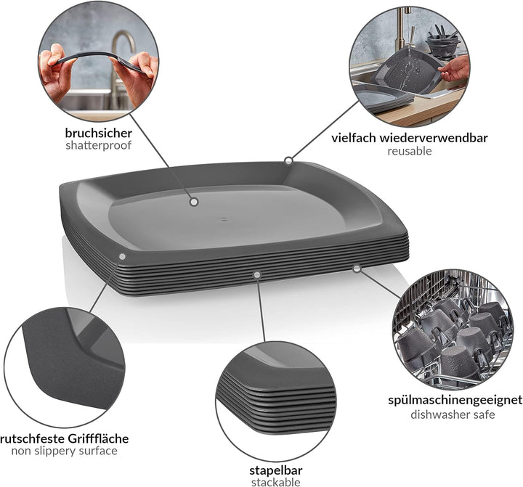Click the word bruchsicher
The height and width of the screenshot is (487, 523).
(x=98, y=133)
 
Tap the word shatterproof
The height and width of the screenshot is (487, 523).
(x=98, y=146)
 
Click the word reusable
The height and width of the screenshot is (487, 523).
(x=410, y=151)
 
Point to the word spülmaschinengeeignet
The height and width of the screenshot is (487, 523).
(x=455, y=400)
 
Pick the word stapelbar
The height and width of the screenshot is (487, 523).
(x=276, y=470)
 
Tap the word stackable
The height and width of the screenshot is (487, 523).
(x=276, y=482)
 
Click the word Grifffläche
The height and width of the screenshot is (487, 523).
(x=98, y=438)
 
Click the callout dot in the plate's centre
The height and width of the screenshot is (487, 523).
(x=194, y=202)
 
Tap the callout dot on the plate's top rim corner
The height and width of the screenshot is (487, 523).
(x=288, y=161)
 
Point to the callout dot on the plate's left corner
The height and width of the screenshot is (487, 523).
(x=122, y=257)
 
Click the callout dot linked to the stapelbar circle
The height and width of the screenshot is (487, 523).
(x=256, y=274)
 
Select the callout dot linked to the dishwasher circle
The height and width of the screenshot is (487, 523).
(x=357, y=269)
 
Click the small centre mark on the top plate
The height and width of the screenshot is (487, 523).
(x=224, y=220)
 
